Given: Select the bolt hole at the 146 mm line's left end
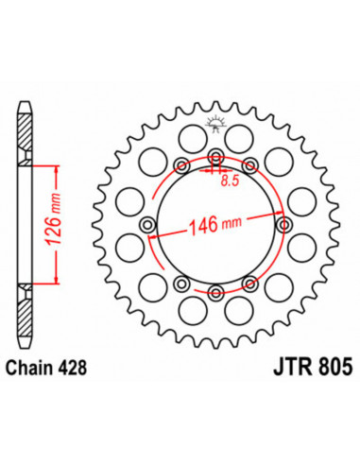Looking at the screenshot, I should pyautogui.click(x=147, y=224).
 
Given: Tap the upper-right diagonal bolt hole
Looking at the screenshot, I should pyautogui.click(x=249, y=165).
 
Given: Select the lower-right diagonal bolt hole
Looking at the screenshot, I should pyautogui.click(x=249, y=283).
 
